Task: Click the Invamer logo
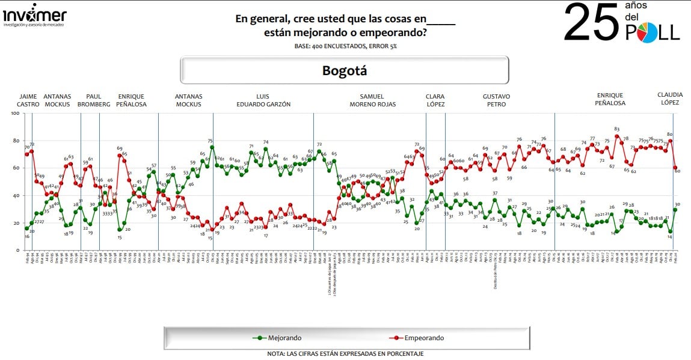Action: click(x=34, y=17)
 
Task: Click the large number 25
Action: click(x=591, y=23)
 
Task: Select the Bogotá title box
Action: click(x=345, y=70)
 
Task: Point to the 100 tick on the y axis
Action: click(x=15, y=114)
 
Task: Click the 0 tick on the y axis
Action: click(x=19, y=250)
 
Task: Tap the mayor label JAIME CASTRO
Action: click(x=28, y=100)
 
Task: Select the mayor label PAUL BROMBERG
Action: click(x=95, y=100)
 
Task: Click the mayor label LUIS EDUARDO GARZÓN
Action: click(x=265, y=100)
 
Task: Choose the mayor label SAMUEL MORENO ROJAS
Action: click(x=380, y=100)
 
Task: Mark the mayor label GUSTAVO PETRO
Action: click(x=496, y=100)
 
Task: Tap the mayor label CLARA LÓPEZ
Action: click(x=435, y=100)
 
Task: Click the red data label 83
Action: click(x=616, y=129)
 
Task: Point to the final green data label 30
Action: click(x=677, y=205)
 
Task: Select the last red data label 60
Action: click(x=677, y=171)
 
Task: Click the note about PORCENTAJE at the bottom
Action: click(x=345, y=354)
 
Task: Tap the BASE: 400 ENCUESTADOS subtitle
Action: click(x=345, y=46)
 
